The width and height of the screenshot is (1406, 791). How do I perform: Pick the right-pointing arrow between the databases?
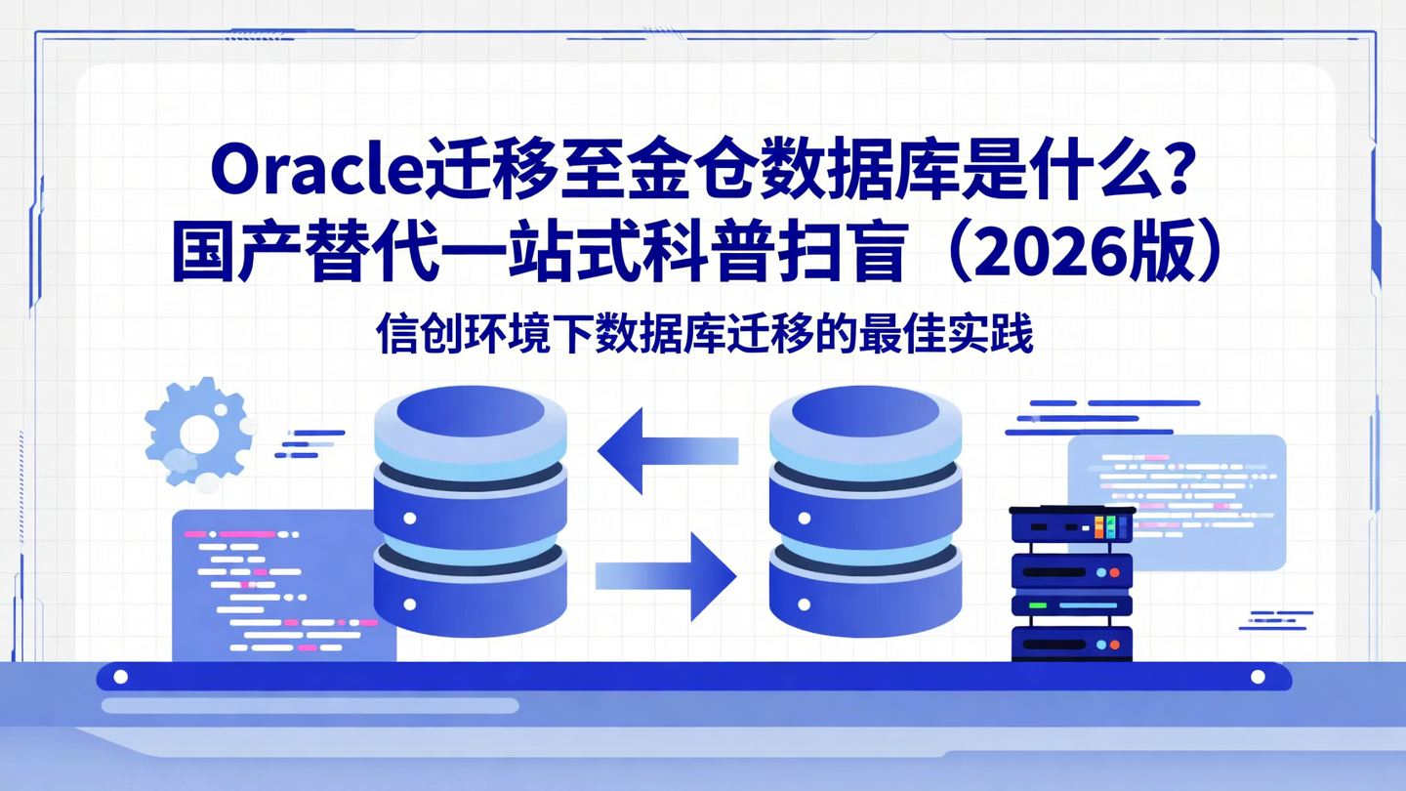pyautogui.click(x=667, y=576)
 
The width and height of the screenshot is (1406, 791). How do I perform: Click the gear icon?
pyautogui.click(x=198, y=433)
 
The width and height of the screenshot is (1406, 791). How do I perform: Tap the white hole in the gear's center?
pyautogui.click(x=199, y=434)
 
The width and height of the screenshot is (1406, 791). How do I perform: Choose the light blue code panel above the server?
pyautogui.click(x=1177, y=500)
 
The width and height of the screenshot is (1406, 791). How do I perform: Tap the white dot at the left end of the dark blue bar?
pyautogui.click(x=121, y=677)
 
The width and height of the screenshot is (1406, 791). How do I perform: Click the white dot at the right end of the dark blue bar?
pyautogui.click(x=1258, y=677)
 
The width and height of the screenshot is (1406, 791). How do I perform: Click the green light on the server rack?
pyautogui.click(x=1037, y=606)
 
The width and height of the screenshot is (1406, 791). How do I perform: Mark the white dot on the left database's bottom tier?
pyautogui.click(x=410, y=605)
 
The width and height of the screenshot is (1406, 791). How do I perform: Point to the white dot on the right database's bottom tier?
pyautogui.click(x=805, y=605)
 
